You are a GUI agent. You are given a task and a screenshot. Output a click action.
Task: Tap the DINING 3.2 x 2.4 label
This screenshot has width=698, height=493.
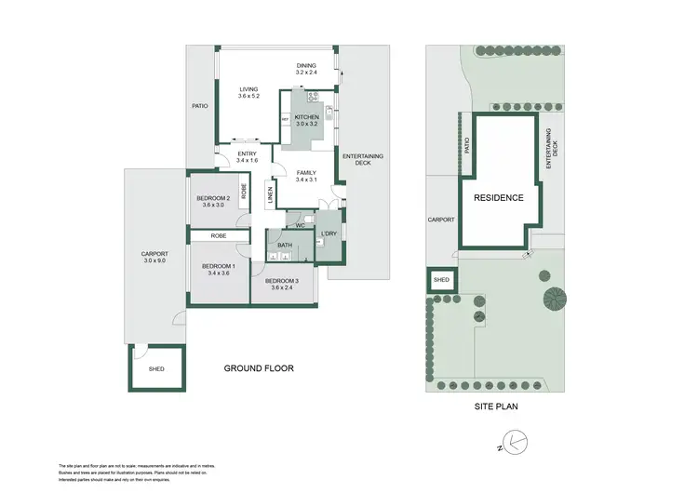(x=307, y=69)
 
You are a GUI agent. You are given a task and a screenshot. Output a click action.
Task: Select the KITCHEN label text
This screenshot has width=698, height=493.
(x=307, y=120)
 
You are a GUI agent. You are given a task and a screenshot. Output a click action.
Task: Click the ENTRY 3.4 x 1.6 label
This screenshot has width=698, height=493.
(x=248, y=157)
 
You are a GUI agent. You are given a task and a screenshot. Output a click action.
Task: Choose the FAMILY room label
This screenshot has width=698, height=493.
(x=306, y=177)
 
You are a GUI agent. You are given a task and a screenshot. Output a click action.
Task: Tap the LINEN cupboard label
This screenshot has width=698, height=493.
(x=271, y=194)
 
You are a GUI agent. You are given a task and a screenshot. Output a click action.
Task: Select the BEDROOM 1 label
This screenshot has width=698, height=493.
(x=219, y=271)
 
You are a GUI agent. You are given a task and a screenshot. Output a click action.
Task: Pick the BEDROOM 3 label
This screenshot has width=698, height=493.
(x=282, y=285)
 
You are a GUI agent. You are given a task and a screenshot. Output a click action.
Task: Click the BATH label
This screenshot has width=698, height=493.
(x=285, y=246)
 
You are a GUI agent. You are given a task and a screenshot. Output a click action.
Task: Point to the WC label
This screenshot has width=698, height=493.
(x=301, y=225)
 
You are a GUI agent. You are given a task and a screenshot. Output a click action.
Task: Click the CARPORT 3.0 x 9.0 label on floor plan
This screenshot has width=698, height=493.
(x=153, y=258)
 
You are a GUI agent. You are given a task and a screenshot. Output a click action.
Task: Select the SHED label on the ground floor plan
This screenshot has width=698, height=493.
(x=156, y=369)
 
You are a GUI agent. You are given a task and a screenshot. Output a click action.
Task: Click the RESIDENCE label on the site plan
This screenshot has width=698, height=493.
(x=499, y=198)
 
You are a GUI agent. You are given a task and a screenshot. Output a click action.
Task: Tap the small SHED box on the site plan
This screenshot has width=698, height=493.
(x=441, y=280)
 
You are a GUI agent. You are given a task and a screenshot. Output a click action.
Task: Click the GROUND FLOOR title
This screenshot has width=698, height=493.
(x=259, y=368)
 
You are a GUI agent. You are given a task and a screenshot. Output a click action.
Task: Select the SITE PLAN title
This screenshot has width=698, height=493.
(x=498, y=406)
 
